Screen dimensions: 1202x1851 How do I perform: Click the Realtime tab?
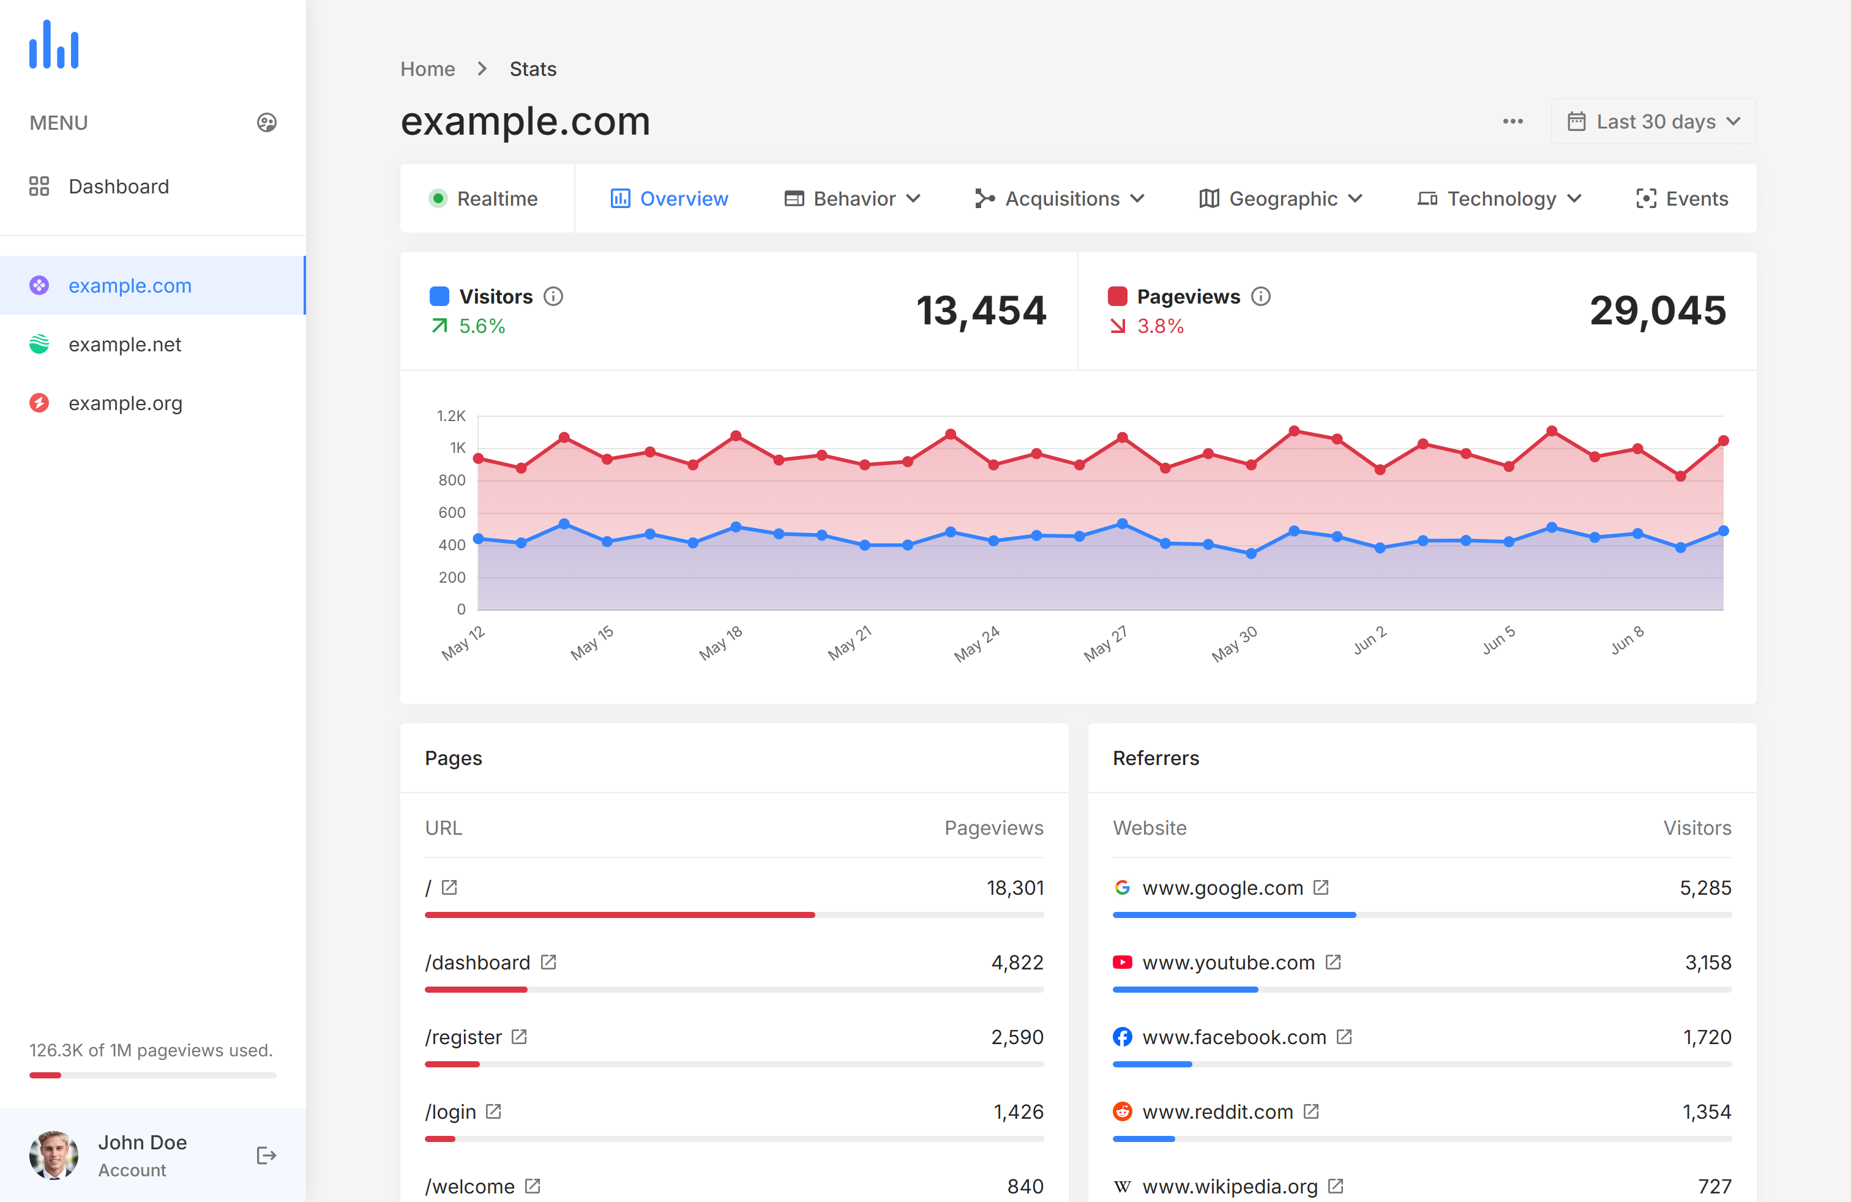pyautogui.click(x=484, y=199)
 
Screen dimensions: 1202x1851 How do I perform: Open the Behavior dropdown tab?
pyautogui.click(x=853, y=199)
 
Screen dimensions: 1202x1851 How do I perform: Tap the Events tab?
pyautogui.click(x=1681, y=199)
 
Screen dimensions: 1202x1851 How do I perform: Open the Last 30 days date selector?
pyautogui.click(x=1653, y=122)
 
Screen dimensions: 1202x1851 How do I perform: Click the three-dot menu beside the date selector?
pyautogui.click(x=1513, y=122)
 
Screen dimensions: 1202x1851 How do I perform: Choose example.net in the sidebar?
pyautogui.click(x=124, y=345)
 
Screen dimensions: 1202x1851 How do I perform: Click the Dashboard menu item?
pyautogui.click(x=118, y=187)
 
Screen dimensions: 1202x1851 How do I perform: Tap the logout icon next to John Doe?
pyautogui.click(x=266, y=1155)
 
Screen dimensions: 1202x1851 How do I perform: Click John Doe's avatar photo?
pyautogui.click(x=54, y=1155)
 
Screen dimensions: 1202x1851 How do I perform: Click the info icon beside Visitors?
pyautogui.click(x=553, y=296)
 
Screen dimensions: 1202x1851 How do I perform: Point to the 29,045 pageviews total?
pyautogui.click(x=1658, y=310)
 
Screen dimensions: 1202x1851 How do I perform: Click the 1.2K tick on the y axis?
pyautogui.click(x=451, y=416)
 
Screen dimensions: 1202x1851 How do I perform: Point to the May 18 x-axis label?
pyautogui.click(x=721, y=643)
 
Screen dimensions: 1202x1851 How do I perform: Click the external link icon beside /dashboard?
pyautogui.click(x=549, y=963)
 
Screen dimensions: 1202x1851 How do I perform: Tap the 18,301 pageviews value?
pyautogui.click(x=1015, y=888)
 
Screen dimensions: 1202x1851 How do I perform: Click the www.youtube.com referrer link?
pyautogui.click(x=1228, y=963)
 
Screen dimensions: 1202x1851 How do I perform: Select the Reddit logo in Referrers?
pyautogui.click(x=1122, y=1112)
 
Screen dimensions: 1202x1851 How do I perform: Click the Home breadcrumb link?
pyautogui.click(x=427, y=69)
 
